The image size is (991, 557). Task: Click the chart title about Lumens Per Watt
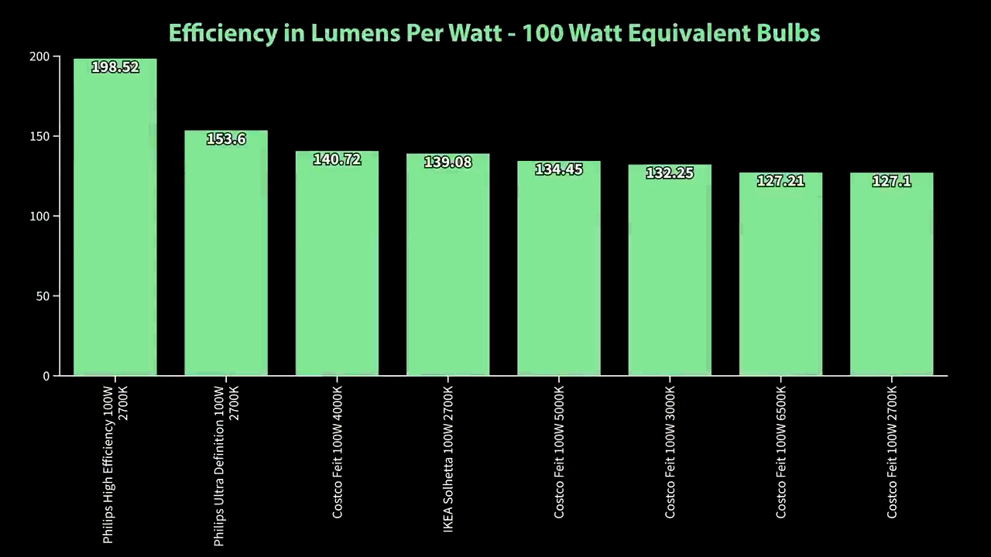click(x=494, y=33)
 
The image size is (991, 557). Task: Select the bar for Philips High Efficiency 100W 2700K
click(x=115, y=224)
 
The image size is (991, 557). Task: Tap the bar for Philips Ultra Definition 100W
click(x=226, y=255)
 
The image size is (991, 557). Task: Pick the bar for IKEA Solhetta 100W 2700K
click(x=448, y=267)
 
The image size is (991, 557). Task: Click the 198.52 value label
click(x=115, y=67)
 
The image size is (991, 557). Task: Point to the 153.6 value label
click(x=226, y=139)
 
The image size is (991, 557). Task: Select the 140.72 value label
click(x=337, y=159)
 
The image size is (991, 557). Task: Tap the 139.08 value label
click(x=447, y=162)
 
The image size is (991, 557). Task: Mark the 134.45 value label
click(x=559, y=169)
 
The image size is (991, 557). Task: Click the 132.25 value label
click(x=670, y=173)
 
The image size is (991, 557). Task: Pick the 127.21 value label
click(x=780, y=181)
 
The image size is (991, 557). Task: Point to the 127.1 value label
click(x=891, y=181)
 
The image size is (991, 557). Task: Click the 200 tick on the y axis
click(x=39, y=56)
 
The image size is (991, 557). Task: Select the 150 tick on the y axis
click(x=39, y=137)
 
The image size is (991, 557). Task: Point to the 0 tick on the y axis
click(x=46, y=376)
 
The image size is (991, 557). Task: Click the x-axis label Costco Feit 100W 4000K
click(x=338, y=452)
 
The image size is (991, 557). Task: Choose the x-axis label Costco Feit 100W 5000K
click(x=559, y=452)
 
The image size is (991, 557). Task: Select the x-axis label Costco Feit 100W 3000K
click(x=670, y=452)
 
